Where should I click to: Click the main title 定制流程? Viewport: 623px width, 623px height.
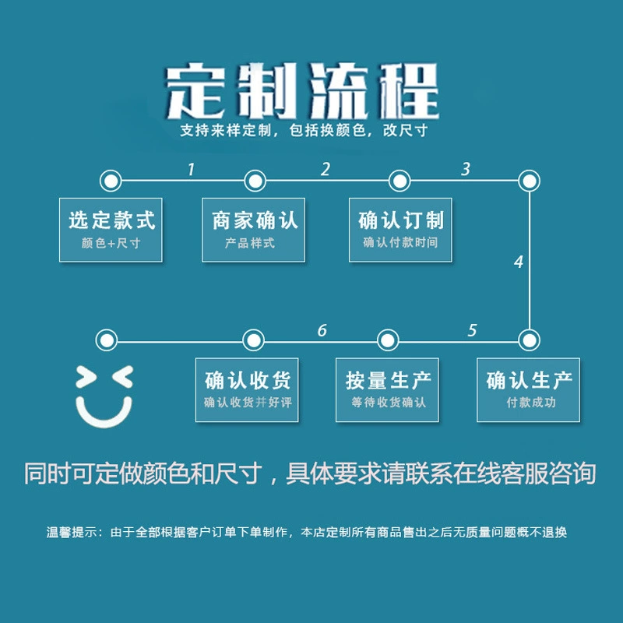pos(303,91)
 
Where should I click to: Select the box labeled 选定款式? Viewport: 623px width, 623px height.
pos(111,230)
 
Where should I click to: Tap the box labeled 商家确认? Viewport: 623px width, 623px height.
pos(254,230)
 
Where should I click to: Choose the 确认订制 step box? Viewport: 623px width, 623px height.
pos(400,230)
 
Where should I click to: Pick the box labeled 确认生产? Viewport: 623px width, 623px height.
pos(529,390)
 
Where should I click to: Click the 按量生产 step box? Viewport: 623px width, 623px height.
pos(387,390)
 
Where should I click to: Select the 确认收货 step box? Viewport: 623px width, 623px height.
pos(247,390)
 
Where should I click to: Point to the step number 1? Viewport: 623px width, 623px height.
pos(191,169)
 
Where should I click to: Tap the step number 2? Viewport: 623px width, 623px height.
pos(326,169)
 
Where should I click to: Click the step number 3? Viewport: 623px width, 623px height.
pos(466,169)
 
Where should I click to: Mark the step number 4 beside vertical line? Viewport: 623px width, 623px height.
pos(519,262)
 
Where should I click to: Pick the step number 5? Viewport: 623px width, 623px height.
pos(472,330)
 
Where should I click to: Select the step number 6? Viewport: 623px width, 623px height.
pos(322,330)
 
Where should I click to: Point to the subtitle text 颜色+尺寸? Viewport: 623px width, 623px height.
pos(111,243)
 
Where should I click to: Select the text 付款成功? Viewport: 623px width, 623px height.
pos(531,403)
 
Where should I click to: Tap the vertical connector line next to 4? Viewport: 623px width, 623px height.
pos(530,261)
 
